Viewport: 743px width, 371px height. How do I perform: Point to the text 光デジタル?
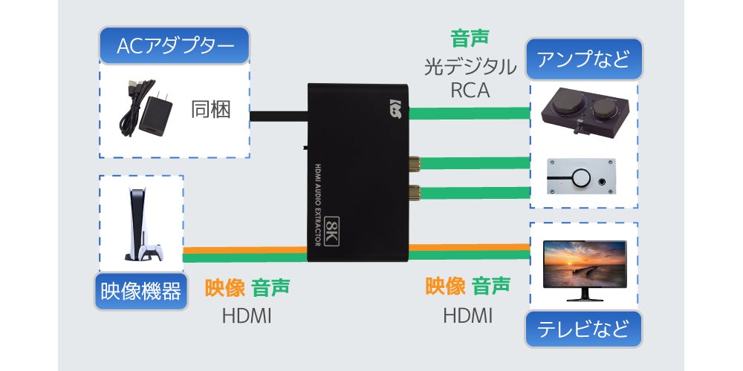coord(470,68)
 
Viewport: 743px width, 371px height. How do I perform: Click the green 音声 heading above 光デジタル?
coord(470,38)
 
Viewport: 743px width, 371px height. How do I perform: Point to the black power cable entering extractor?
coord(278,115)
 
